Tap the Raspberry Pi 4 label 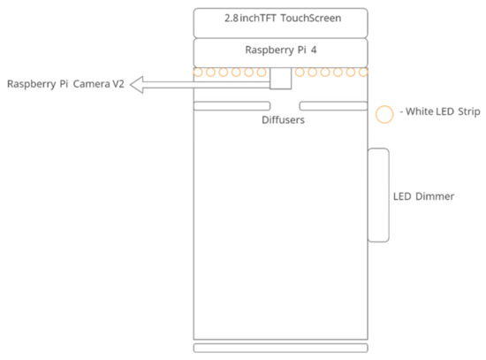pos(281,50)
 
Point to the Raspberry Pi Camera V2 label pos(65,85)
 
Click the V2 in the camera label pos(118,85)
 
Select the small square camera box pos(280,78)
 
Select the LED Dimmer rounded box pos(378,195)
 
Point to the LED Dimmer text pos(423,196)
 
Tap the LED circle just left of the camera pos(262,72)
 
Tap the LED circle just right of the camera pos(300,72)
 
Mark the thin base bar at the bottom pos(281,348)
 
